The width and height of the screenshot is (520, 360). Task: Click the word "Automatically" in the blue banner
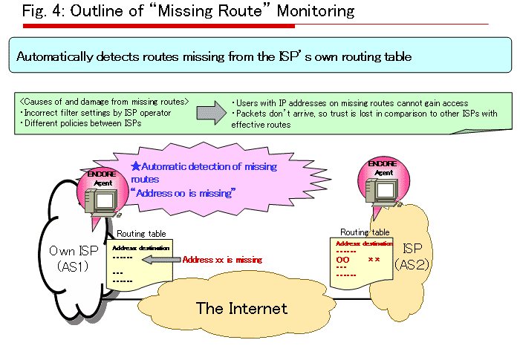pyautogui.click(x=51, y=56)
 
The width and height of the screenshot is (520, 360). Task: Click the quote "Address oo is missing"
pyautogui.click(x=183, y=193)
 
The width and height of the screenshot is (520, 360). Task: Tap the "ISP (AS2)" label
pyautogui.click(x=412, y=255)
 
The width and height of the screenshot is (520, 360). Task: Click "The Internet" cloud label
pyautogui.click(x=241, y=307)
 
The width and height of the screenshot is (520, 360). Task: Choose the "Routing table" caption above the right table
pyautogui.click(x=364, y=232)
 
